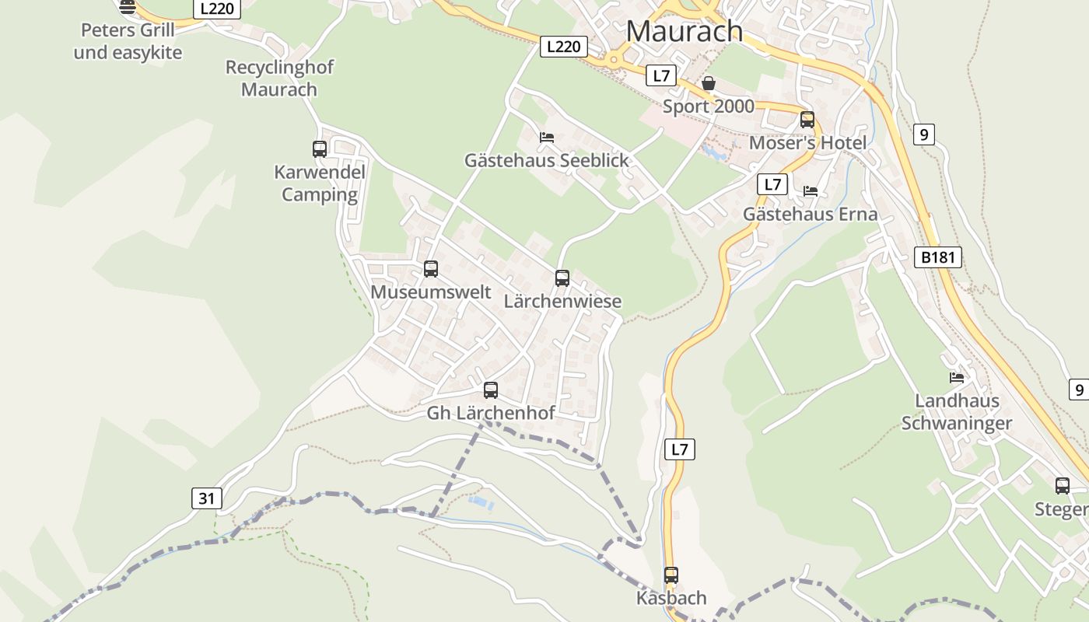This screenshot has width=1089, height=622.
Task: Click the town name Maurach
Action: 684,31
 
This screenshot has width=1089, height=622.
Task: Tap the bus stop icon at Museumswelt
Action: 431,269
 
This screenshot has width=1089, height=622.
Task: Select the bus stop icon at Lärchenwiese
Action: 562,278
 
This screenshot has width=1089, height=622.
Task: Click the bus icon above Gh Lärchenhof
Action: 491,390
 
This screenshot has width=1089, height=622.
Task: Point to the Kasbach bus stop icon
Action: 671,575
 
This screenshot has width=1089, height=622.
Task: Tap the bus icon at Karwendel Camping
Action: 320,149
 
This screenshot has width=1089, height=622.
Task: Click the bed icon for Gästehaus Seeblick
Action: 547,138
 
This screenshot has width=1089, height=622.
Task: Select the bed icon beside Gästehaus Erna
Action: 811,191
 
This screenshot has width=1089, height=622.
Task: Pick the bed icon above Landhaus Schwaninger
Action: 957,378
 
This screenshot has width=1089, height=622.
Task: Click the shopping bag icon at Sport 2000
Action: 709,83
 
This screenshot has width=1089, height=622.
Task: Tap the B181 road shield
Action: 937,257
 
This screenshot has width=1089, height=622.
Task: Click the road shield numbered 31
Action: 206,498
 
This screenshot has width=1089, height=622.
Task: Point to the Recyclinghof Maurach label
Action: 279,79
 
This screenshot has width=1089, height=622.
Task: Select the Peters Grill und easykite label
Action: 128,42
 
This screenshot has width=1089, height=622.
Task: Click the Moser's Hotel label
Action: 807,143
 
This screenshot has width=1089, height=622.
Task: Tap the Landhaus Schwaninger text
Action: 957,412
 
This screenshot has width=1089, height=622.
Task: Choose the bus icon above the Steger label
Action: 1063,486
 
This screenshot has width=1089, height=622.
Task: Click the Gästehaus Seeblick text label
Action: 546,160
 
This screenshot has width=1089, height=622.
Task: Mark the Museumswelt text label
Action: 431,292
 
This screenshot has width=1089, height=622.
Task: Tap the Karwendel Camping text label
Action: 320,183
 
